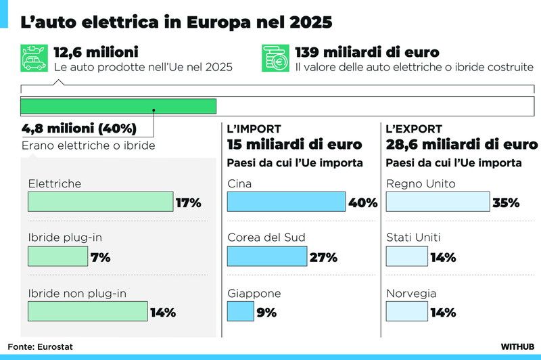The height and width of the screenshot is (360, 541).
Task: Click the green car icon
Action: (34, 58)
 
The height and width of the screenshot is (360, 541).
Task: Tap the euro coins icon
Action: (275, 58)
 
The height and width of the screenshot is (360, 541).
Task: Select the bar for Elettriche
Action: (100, 202)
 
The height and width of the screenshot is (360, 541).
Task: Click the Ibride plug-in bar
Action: (58, 256)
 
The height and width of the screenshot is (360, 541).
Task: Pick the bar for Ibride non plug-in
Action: (88, 311)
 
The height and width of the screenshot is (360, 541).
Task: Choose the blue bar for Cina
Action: (286, 202)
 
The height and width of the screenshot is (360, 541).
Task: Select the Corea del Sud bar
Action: (267, 256)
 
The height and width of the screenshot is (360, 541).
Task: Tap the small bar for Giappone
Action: (241, 311)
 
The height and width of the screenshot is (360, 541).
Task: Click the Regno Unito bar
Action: (438, 202)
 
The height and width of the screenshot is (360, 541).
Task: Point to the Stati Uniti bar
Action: (407, 256)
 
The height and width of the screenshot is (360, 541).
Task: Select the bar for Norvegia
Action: (407, 311)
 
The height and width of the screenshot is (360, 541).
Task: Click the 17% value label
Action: (189, 202)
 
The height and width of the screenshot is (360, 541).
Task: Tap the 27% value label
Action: (323, 258)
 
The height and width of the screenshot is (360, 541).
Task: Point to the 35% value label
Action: (506, 202)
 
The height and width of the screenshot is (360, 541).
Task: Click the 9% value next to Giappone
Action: (266, 313)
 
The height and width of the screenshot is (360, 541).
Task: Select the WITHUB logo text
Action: (517, 346)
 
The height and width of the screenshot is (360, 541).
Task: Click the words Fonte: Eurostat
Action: (40, 346)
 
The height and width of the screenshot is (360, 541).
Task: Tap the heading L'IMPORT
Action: (254, 129)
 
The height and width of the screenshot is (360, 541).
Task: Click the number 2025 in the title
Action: (311, 22)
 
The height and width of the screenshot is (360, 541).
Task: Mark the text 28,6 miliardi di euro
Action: (462, 144)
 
